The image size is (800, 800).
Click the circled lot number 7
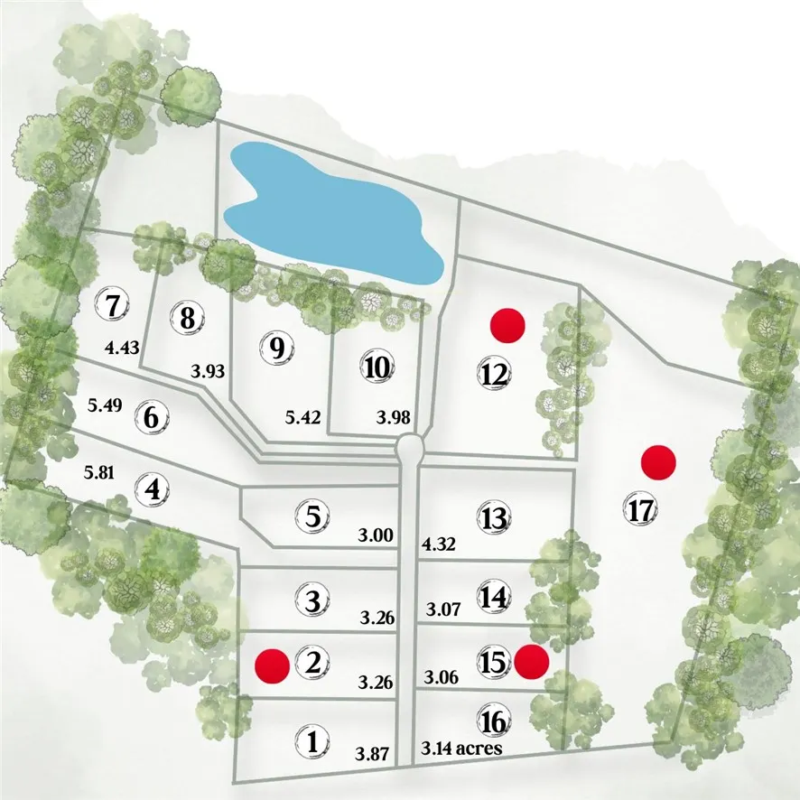tap(113, 305)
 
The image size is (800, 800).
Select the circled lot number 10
tap(377, 367)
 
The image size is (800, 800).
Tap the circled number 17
tap(641, 509)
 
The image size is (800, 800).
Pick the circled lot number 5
tap(312, 516)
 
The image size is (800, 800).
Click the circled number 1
tap(312, 740)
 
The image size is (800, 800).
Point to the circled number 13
tap(495, 517)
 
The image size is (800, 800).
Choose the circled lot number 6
tap(152, 417)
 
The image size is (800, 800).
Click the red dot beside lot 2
tap(273, 665)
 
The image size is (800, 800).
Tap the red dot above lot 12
tap(507, 325)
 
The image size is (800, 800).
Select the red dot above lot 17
tap(658, 462)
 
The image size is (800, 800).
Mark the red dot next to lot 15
tap(532, 662)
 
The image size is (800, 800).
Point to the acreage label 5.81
tap(99, 473)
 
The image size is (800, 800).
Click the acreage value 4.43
tap(122, 349)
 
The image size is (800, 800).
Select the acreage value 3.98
tap(394, 417)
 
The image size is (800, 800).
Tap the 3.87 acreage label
tap(372, 754)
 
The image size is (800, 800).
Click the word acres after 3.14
tap(479, 748)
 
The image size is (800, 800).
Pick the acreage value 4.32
tap(438, 544)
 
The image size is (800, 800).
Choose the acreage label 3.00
tap(376, 535)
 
